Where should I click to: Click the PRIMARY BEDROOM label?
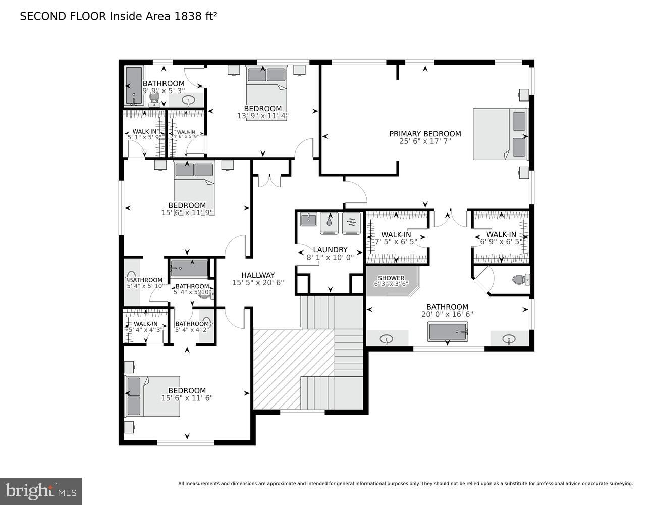(x=425, y=134)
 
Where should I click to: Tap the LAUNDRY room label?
(x=330, y=249)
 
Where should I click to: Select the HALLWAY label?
(x=258, y=275)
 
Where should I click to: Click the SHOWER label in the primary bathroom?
(x=391, y=278)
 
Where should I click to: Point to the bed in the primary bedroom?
(x=500, y=134)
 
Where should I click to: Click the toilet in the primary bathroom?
(x=520, y=279)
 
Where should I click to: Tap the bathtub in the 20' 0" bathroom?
(x=448, y=332)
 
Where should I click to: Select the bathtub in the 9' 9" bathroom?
(x=134, y=85)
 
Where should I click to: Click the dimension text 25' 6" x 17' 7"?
(x=425, y=141)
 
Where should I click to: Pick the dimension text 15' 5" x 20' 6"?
(x=258, y=283)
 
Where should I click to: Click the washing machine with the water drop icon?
(x=329, y=222)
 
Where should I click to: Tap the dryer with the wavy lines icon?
(x=351, y=222)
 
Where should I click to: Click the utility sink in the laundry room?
(x=308, y=219)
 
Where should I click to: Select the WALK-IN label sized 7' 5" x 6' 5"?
(x=396, y=234)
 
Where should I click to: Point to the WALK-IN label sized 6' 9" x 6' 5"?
(x=501, y=234)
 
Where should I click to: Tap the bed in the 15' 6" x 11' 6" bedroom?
(x=153, y=396)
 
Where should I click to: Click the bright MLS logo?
(x=41, y=491)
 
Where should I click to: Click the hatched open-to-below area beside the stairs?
(x=278, y=369)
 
